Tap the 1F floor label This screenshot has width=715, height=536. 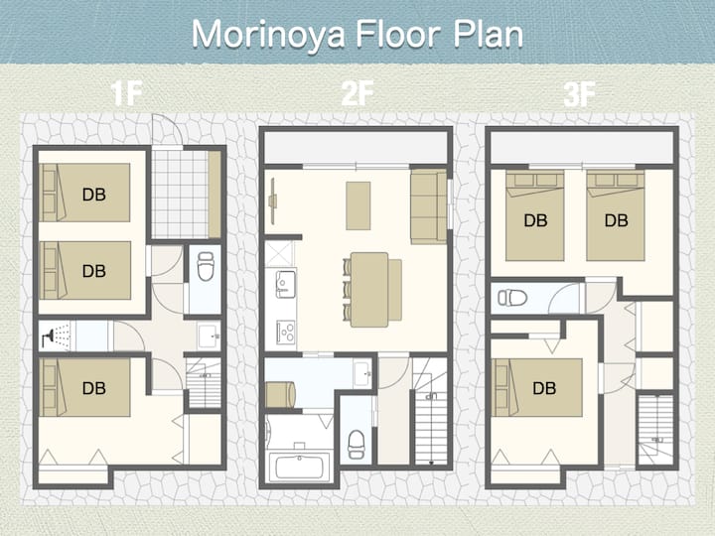pyautogui.click(x=126, y=93)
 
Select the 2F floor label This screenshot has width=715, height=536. pyautogui.click(x=357, y=93)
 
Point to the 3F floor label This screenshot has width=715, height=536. pyautogui.click(x=580, y=94)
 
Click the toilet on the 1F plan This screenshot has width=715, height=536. pyautogui.click(x=206, y=267)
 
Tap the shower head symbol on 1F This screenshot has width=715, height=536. pyautogui.click(x=48, y=336)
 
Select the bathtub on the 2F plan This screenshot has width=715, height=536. pyautogui.click(x=300, y=467)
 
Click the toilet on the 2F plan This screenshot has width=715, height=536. pyautogui.click(x=357, y=444)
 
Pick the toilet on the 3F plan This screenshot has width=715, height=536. pyautogui.click(x=512, y=298)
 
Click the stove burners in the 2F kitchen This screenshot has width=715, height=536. pyautogui.click(x=286, y=332)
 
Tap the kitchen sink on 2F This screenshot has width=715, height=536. pyautogui.click(x=286, y=284)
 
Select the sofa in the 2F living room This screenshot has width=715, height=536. pyautogui.click(x=428, y=206)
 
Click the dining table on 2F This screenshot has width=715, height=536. pyautogui.click(x=369, y=290)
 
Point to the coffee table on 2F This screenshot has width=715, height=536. pyautogui.click(x=357, y=205)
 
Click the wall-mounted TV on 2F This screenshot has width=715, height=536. pyautogui.click(x=273, y=201)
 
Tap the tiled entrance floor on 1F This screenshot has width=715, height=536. pyautogui.click(x=180, y=195)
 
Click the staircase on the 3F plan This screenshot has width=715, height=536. pyautogui.click(x=654, y=430)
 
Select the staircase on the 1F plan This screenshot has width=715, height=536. pyautogui.click(x=204, y=383)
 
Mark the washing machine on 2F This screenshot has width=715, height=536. pyautogui.click(x=280, y=394)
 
